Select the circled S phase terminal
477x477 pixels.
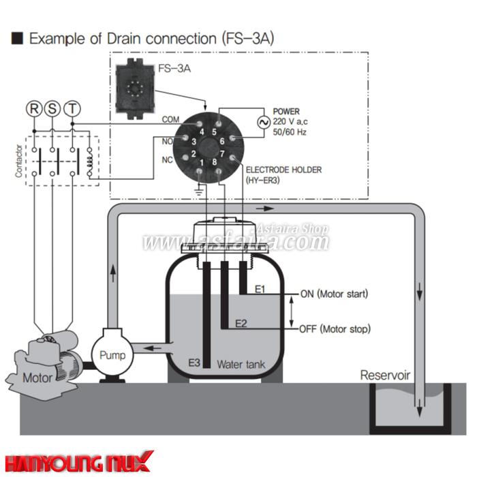coord(52,108)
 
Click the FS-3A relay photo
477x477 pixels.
coord(137,89)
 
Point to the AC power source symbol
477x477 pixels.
coord(262,122)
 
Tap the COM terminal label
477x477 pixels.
coord(170,120)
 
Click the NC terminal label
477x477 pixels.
coord(168,161)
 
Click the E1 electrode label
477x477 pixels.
coord(260,290)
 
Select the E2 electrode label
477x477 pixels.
coord(241,322)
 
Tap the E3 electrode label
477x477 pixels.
coord(194,363)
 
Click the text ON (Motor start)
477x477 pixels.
coord(334,294)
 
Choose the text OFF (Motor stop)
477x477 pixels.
coord(335,329)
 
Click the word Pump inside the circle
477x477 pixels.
coord(112,355)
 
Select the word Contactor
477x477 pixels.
coord(18,161)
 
